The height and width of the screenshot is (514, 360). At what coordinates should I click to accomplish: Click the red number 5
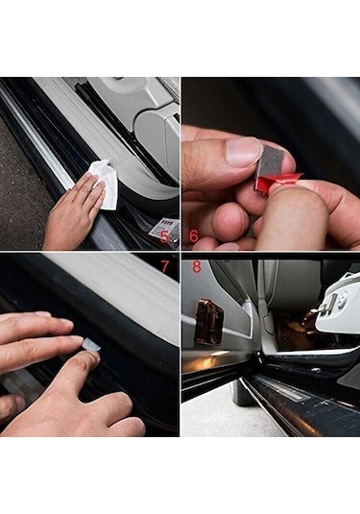coord(163,234)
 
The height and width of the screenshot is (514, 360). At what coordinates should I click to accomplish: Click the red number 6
coord(194,234)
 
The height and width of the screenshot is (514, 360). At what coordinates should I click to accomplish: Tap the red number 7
coord(164,265)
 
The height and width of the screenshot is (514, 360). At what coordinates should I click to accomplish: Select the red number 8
coord(196,266)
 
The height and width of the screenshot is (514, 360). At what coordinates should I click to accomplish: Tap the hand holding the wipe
coord(72,211)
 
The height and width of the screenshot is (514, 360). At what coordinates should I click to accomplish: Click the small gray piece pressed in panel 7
coord(91,344)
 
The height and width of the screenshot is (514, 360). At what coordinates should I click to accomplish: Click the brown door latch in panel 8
coord(208,322)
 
